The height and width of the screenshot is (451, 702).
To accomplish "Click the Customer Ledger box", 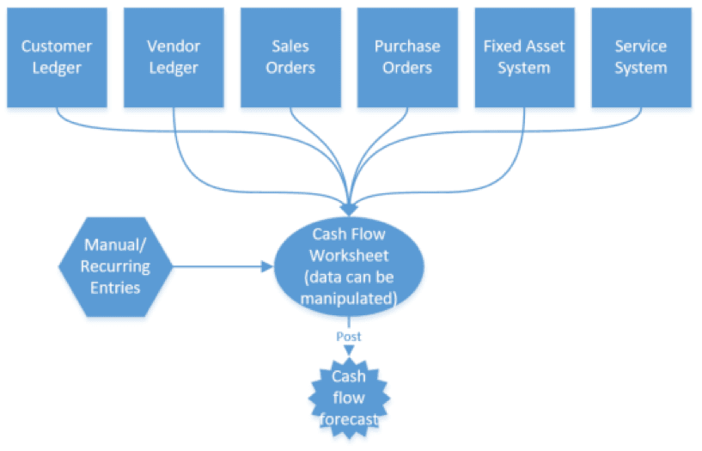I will click(x=57, y=58).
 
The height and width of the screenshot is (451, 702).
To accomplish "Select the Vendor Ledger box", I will click(x=174, y=58).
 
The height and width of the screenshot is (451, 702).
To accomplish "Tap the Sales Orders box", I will click(x=290, y=58).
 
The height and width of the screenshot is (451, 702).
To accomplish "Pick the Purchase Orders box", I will click(x=407, y=58).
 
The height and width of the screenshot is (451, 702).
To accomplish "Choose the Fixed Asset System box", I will click(x=524, y=58).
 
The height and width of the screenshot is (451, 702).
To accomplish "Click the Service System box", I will click(x=641, y=58).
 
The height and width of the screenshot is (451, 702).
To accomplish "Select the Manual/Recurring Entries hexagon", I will click(x=115, y=267).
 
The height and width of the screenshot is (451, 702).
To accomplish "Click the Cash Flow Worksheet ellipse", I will click(x=349, y=266).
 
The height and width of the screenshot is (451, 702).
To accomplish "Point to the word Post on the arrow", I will click(x=349, y=337).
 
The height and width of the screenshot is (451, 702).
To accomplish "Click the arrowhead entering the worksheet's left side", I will click(x=266, y=267).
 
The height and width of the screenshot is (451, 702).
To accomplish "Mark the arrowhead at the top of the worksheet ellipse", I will click(x=349, y=209).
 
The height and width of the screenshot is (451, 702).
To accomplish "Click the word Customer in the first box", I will click(x=57, y=46).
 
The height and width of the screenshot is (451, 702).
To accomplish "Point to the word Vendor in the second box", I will click(x=174, y=46).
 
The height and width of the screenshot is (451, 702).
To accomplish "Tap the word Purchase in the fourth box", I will click(x=407, y=46).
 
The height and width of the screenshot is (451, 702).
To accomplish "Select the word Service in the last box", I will click(x=641, y=46).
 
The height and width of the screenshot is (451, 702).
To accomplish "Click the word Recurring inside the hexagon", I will click(x=115, y=267).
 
